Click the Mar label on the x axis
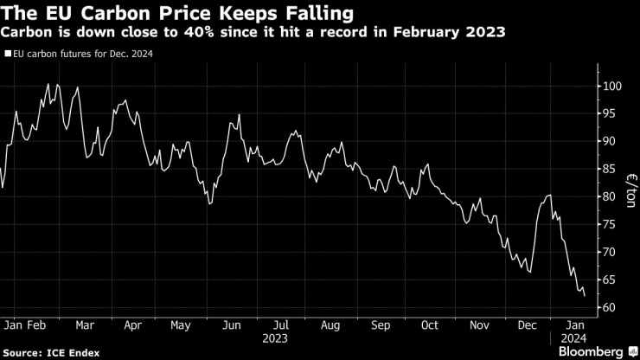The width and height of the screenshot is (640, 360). pyautogui.click(x=85, y=327)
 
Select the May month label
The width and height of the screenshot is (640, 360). pyautogui.click(x=181, y=327)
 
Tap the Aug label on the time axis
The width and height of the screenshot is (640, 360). pyautogui.click(x=330, y=327)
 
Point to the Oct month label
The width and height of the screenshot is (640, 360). pyautogui.click(x=430, y=327)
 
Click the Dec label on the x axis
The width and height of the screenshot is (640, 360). pyautogui.click(x=527, y=327)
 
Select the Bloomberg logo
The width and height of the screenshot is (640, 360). pyautogui.click(x=591, y=351)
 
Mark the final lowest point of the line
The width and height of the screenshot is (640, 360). pyautogui.click(x=585, y=296)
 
